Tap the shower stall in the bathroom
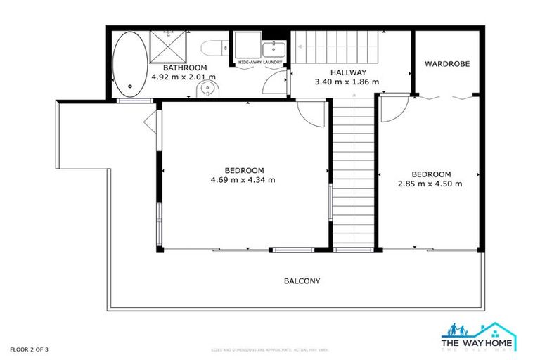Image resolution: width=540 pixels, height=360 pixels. (166, 46)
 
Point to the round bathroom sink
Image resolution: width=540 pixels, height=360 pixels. (207, 89)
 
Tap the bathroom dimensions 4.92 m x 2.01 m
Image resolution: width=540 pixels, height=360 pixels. (183, 77)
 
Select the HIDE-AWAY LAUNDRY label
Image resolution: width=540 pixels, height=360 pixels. (260, 63)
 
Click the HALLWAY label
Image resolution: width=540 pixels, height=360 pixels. (347, 72)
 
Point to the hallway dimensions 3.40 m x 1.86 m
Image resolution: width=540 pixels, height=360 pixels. (347, 82)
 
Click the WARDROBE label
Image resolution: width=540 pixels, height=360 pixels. (447, 64)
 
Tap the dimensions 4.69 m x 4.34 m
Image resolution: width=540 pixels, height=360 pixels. (243, 180)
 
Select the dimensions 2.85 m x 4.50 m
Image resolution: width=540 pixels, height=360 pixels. (430, 184)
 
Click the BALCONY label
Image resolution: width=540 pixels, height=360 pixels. (302, 281)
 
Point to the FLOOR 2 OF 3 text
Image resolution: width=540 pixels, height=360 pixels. (29, 349)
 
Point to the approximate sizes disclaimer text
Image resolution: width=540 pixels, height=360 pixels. (270, 349)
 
